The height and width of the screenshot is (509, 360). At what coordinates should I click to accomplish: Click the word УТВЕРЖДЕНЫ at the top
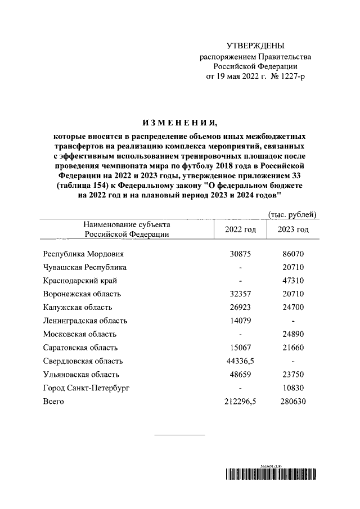point(255,46)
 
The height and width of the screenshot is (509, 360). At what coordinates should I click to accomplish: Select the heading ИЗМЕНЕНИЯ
point(179,123)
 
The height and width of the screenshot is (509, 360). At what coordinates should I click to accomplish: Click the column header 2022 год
point(240,229)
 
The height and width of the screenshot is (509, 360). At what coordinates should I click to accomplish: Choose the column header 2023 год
point(293,229)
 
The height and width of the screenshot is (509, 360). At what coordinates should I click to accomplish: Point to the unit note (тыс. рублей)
point(292,214)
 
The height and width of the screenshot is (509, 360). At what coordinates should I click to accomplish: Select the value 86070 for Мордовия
point(293,254)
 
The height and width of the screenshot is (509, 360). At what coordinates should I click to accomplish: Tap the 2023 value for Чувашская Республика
point(293,267)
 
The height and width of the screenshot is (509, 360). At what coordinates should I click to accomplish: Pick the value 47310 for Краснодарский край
point(293,281)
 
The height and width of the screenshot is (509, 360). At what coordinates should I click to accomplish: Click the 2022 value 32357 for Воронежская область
point(240,294)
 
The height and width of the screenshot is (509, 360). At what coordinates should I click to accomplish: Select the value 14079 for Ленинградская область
point(240,321)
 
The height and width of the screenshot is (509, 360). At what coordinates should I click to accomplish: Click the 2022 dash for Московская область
point(240,334)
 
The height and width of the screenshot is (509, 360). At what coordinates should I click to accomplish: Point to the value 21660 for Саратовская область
point(293,348)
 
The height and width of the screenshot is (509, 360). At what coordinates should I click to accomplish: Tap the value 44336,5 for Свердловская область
point(240,361)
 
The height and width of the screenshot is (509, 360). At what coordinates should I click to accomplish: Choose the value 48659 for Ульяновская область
point(240,374)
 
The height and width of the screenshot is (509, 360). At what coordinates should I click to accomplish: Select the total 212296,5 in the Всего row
point(240,401)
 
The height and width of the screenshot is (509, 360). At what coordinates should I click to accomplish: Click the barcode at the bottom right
point(274,475)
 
